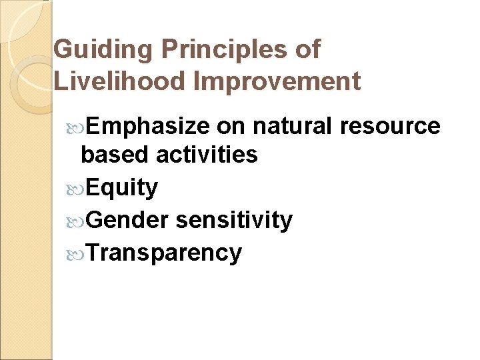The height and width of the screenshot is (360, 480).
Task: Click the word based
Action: point(114,155)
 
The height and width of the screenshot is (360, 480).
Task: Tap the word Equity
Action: point(121,187)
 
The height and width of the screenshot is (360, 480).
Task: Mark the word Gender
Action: point(127,219)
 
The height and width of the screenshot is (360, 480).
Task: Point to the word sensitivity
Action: point(234,219)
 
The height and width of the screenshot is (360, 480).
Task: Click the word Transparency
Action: point(163,253)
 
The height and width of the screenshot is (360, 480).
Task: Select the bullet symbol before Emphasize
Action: point(75,127)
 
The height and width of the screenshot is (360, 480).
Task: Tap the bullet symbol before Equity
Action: point(75,188)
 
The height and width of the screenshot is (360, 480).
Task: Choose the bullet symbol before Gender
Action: point(75,220)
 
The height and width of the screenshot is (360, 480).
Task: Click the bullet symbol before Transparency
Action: point(75,253)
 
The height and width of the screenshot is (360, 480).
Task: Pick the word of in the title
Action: point(307,49)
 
